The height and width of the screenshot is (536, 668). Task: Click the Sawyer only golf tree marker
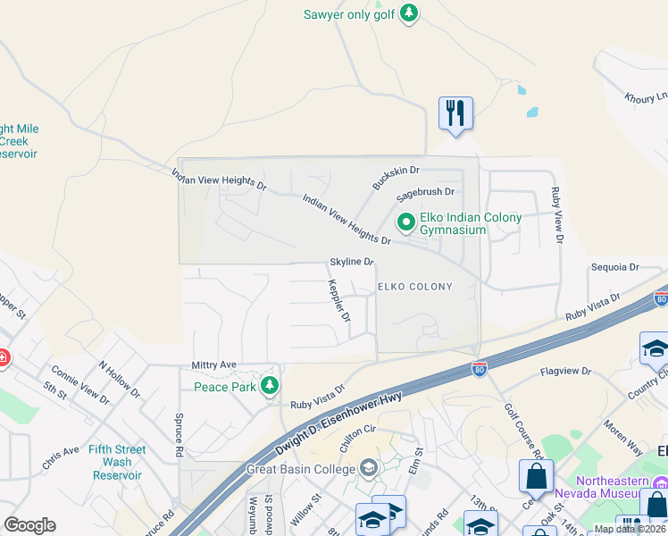408,13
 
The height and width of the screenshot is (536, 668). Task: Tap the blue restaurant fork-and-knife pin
455,113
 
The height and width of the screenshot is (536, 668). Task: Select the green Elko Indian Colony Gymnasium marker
406,221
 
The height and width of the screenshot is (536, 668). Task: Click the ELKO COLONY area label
414,287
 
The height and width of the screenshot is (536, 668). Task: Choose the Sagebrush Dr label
426,191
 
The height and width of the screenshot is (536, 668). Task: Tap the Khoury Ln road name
646,97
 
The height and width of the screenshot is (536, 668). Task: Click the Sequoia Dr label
615,267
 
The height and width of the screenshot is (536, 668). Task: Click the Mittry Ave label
213,365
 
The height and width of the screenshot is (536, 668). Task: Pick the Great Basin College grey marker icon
368,468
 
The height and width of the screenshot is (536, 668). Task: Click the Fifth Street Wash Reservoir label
117,462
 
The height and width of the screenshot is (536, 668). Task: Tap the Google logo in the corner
29,525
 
